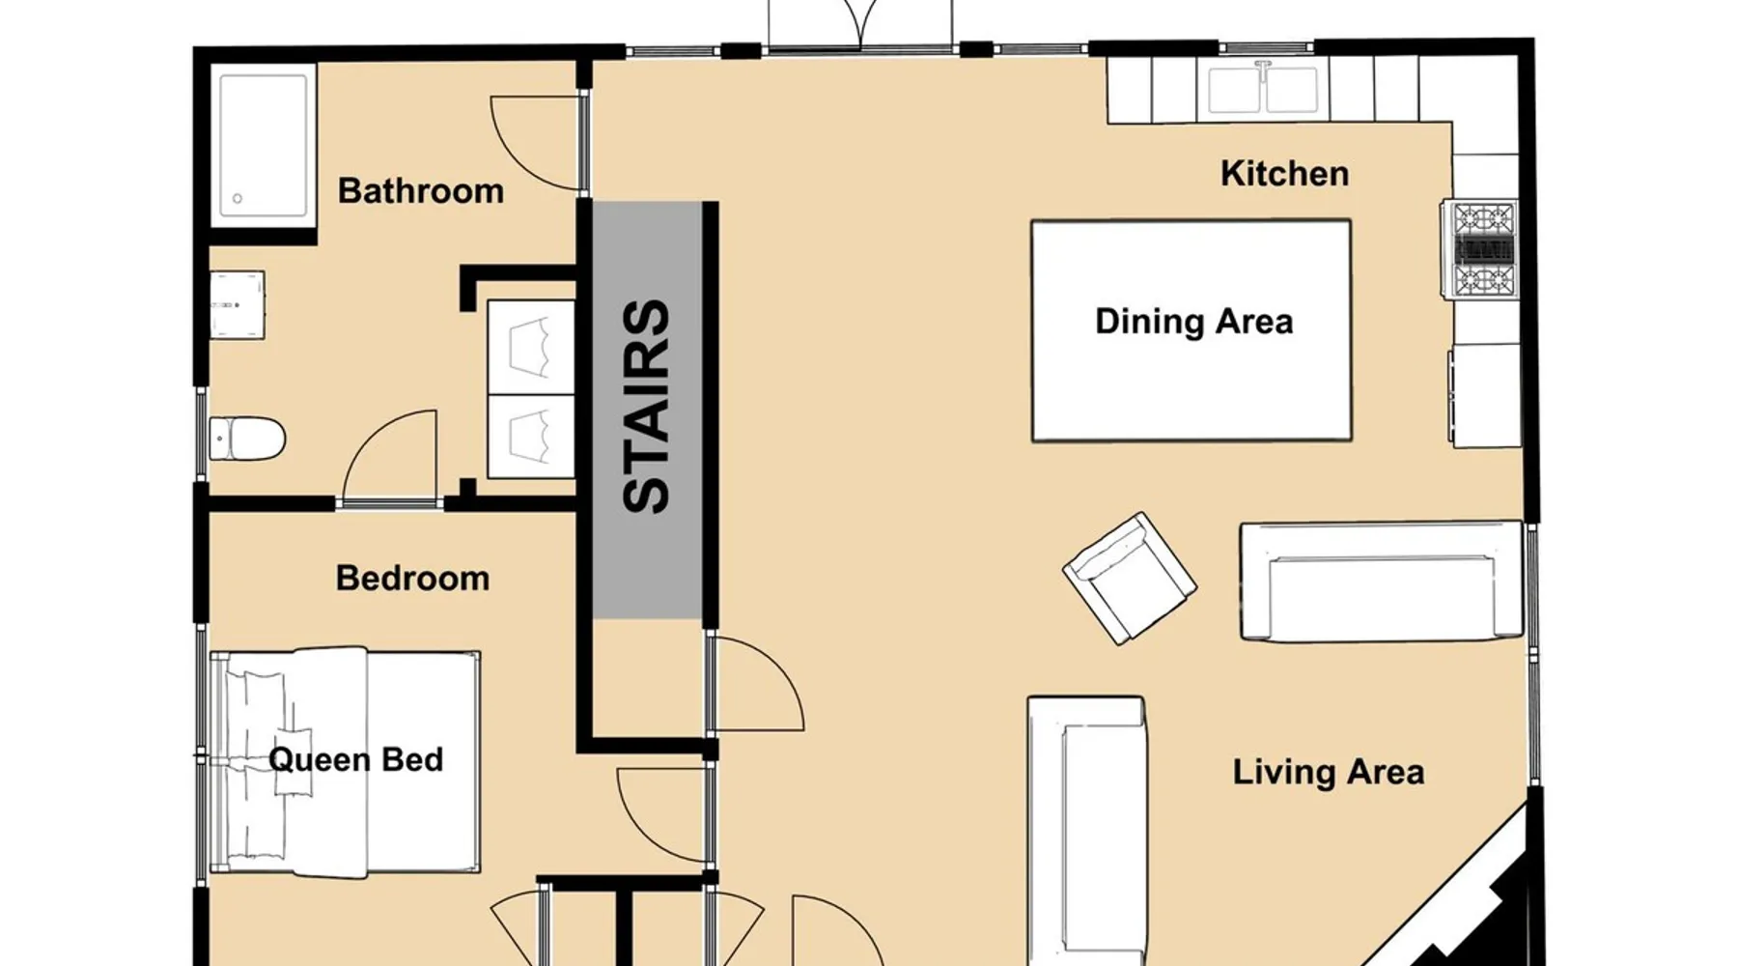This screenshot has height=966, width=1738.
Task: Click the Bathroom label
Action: click(x=421, y=190)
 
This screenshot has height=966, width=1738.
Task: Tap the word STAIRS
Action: click(x=647, y=406)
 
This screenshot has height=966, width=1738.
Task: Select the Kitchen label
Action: click(x=1284, y=173)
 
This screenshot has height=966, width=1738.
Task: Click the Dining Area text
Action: click(x=1193, y=321)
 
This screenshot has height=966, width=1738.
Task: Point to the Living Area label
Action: click(x=1329, y=772)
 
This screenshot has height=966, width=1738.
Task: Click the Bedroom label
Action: click(x=412, y=578)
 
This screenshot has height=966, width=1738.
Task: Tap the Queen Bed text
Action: click(x=355, y=759)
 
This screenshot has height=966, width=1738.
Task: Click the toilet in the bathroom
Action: click(x=247, y=439)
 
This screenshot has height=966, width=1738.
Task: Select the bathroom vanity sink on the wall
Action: click(x=238, y=304)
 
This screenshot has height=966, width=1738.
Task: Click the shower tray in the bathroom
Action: click(x=264, y=145)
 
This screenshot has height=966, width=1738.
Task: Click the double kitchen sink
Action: click(x=1263, y=86)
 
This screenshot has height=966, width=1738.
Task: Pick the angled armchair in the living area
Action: click(x=1130, y=578)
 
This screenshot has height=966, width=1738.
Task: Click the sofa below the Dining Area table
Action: click(x=1382, y=582)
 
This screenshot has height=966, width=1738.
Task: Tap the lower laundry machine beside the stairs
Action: click(x=531, y=435)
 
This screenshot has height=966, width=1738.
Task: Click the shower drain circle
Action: click(x=238, y=199)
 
